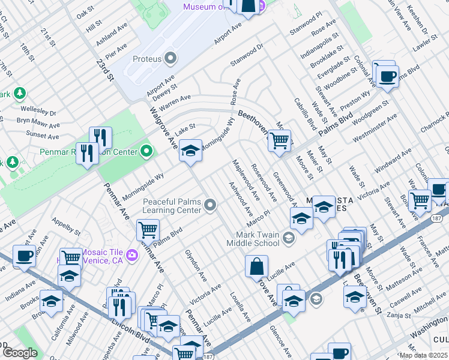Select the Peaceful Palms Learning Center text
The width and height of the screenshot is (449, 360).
point(172,206)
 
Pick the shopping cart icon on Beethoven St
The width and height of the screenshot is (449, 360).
point(279,140)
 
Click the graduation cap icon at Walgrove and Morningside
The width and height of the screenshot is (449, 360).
point(190,150)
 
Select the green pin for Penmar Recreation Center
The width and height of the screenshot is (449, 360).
point(147,152)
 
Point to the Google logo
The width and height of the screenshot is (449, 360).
point(20,353)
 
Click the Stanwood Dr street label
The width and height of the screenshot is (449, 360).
point(247,55)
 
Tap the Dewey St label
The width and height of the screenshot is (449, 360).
point(165,88)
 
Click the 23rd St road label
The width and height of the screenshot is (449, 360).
point(105,69)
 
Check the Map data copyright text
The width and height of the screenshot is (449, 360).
point(423,355)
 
